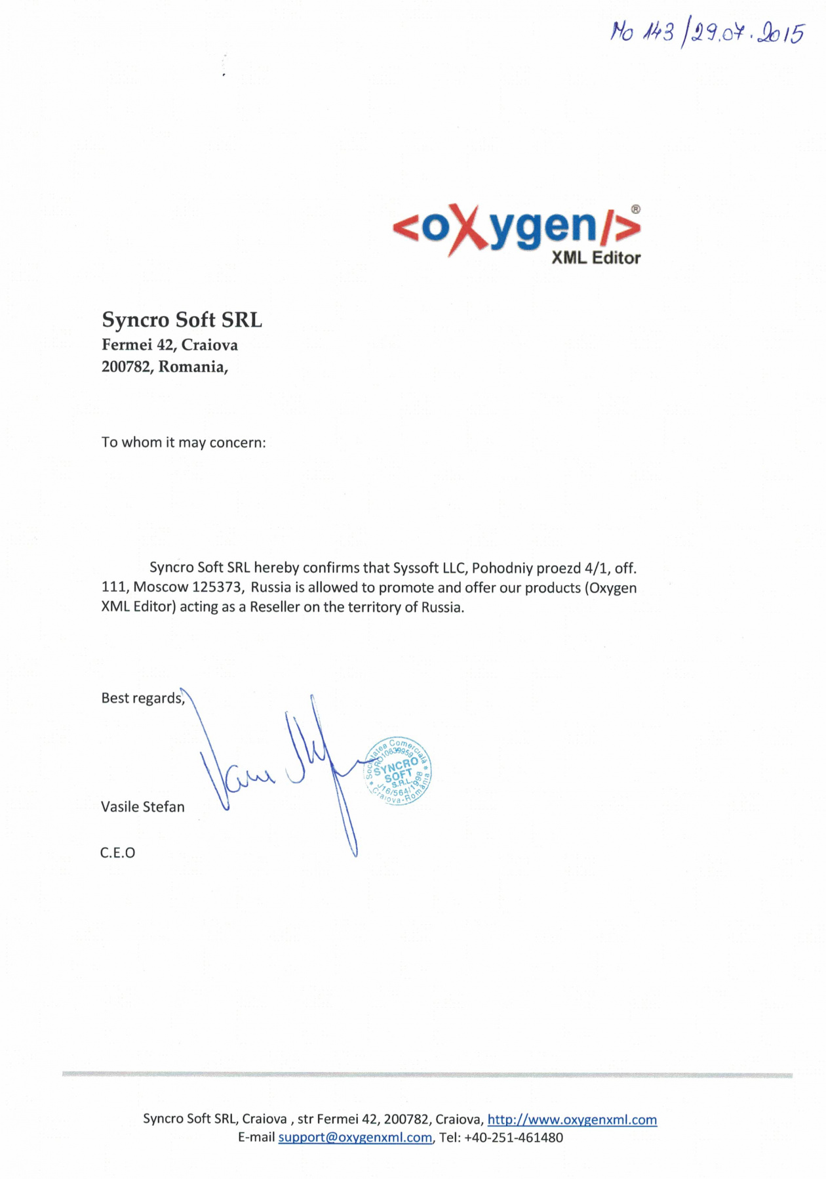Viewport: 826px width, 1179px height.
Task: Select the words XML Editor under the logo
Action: coord(595,258)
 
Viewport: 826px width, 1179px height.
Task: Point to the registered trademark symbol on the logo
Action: coord(635,209)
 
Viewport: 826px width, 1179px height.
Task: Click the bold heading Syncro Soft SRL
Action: coord(182,320)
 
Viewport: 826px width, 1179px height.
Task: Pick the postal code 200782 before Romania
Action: coord(125,367)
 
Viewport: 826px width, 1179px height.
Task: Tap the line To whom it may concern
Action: coord(184,442)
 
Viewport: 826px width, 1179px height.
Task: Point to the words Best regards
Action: coord(142,698)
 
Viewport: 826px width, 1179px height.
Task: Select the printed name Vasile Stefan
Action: coord(142,807)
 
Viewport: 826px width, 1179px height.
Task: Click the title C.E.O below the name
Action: coord(117,853)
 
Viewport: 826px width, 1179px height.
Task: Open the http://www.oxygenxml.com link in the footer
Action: coord(572,1120)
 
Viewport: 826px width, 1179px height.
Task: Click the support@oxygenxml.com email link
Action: coord(355,1138)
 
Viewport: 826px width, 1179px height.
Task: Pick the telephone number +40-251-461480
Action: coord(513,1138)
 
